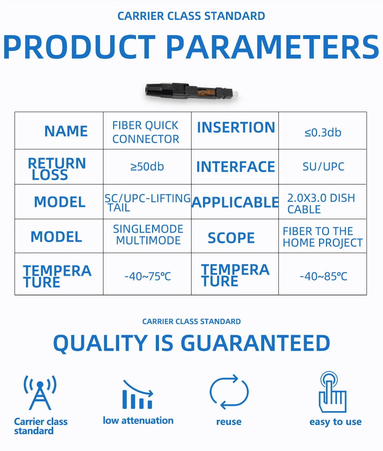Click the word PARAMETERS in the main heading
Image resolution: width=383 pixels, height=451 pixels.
tap(273, 47)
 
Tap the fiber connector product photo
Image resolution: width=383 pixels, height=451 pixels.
tap(191, 92)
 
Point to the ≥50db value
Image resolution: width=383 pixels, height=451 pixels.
tap(147, 166)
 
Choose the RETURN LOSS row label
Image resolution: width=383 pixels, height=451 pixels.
tap(57, 169)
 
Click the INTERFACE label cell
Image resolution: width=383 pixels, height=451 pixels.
tap(236, 167)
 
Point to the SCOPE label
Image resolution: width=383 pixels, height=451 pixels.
tap(231, 238)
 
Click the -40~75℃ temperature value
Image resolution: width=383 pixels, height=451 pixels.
tap(148, 277)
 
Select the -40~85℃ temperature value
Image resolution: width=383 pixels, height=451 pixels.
tap(323, 277)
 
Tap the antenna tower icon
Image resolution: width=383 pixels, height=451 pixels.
tap(40, 392)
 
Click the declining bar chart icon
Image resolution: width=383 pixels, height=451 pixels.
tap(137, 395)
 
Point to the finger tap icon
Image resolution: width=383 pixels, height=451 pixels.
tap(332, 392)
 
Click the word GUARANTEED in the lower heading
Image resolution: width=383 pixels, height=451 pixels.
tap(255, 343)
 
